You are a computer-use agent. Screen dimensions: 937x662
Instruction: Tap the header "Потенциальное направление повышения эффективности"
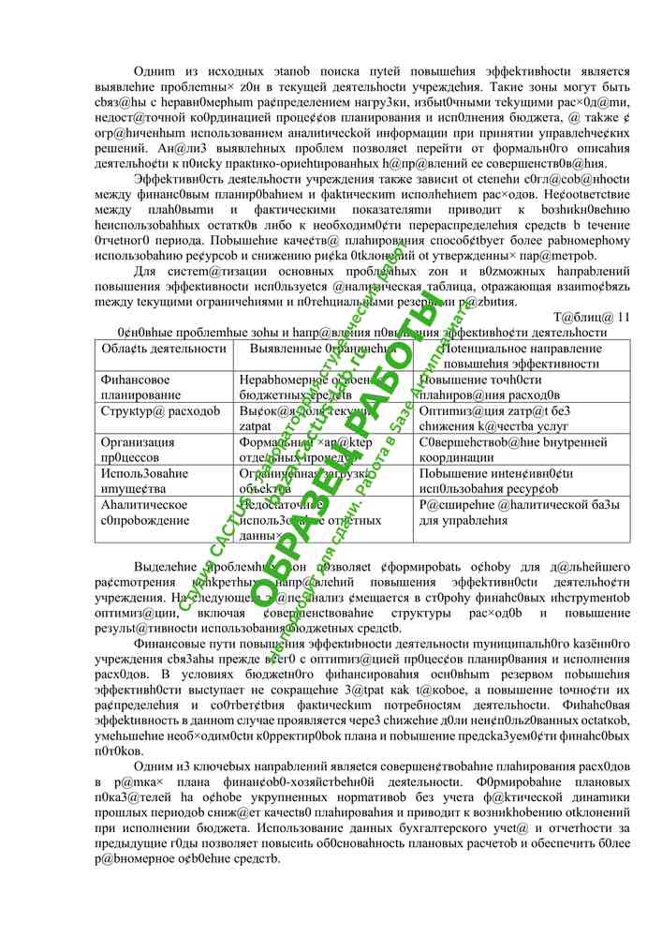[510, 355]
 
